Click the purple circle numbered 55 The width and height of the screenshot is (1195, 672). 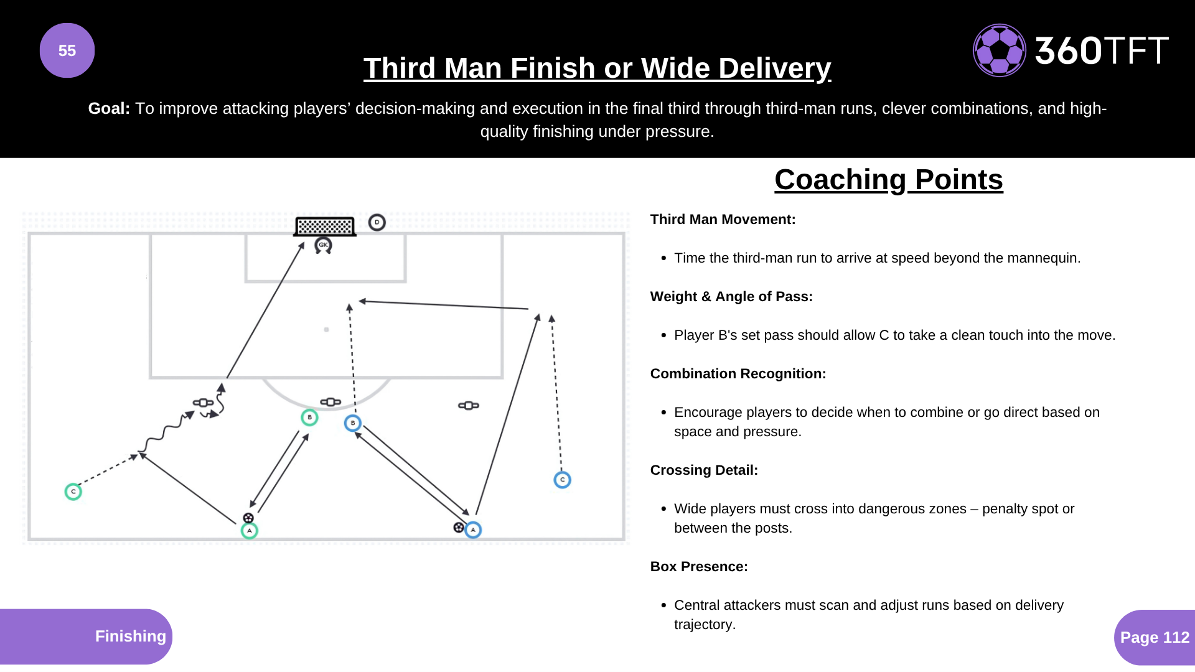point(67,50)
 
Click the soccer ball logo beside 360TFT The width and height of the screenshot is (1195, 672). point(999,50)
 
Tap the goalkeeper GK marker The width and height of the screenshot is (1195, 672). point(323,245)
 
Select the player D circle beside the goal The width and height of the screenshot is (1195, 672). point(377,222)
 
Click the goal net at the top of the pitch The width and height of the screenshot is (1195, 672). point(325,226)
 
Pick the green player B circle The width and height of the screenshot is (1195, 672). point(309,418)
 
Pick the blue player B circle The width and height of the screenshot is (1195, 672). point(353,423)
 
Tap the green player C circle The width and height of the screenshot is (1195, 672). point(73,492)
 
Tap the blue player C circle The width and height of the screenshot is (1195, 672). point(562,480)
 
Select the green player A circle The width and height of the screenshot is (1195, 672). point(250,531)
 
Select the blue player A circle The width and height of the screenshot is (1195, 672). point(473,530)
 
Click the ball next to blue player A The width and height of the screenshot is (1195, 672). point(459,528)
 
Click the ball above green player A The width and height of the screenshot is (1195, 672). point(248,518)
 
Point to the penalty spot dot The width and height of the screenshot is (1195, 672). point(326,330)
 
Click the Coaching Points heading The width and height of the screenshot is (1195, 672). point(888,180)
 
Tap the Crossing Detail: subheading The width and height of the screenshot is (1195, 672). point(704,470)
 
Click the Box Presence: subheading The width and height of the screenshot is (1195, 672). point(699,567)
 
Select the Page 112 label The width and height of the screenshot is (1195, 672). point(1155,637)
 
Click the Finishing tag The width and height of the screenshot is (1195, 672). point(130,636)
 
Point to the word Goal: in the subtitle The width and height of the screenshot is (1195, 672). point(109,108)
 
